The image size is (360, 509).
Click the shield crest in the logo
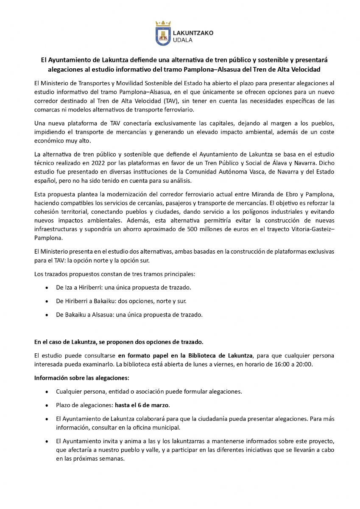click(163, 36)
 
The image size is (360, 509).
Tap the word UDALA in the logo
click(183, 40)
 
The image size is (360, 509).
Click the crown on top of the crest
click(163, 23)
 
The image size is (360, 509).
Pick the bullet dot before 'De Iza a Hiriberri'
click(46, 288)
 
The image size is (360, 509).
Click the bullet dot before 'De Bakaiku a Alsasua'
click(46, 315)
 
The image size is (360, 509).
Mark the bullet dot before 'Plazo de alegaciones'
click(46, 405)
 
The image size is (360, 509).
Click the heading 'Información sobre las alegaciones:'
click(81, 378)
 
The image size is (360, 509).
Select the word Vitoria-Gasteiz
click(314, 230)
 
